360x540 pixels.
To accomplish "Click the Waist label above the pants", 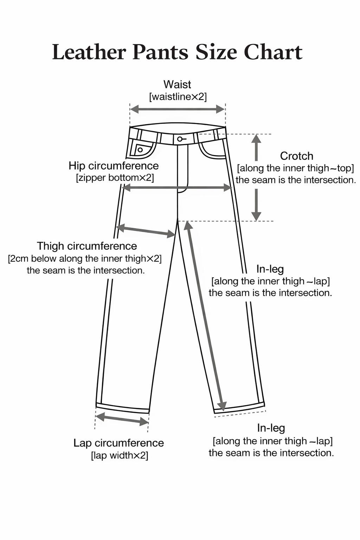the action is coord(177,84).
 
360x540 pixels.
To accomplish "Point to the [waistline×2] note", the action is coord(178,97).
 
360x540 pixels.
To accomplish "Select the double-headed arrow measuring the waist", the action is coord(178,109).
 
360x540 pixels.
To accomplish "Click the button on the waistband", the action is coord(180,139).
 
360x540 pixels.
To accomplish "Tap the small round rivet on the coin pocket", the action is coord(140,150).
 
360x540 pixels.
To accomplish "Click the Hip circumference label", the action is coord(114,166).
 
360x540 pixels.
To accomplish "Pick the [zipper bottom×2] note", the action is coord(115,178).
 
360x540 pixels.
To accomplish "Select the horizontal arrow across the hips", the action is coord(177,187).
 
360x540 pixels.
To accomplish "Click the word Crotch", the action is coord(297,156).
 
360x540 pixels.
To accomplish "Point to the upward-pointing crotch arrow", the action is coord(256,148).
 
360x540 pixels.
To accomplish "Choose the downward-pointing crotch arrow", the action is coord(256,205).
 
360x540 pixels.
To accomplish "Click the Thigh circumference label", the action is coord(87,246).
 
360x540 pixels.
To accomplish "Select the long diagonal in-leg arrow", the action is coord(205,316).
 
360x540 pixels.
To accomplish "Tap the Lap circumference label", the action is coord(118,443).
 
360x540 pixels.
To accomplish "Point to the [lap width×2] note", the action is coord(120,456).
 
